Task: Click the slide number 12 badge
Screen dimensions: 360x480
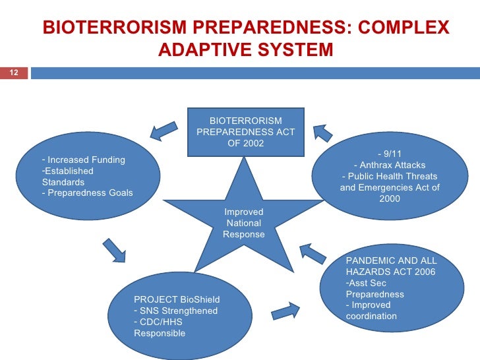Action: [13, 72]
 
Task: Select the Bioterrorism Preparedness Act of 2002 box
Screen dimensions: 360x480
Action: [245, 133]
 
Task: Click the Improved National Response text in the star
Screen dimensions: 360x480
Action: [244, 224]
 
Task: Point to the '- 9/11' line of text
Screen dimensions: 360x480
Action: [389, 154]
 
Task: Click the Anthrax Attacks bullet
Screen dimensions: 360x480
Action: [390, 165]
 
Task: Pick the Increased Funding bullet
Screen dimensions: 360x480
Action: [83, 160]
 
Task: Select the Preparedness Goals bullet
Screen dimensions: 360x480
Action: [87, 193]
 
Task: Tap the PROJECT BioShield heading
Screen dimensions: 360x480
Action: [177, 299]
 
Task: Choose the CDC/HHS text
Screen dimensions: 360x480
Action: [158, 322]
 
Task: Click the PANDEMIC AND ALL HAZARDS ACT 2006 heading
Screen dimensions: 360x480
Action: [391, 266]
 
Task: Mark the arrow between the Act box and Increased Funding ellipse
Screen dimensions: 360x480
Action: [163, 130]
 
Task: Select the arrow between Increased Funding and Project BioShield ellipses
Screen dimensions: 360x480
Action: [114, 249]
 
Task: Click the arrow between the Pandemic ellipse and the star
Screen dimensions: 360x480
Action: [313, 253]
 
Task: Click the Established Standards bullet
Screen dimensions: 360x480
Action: [67, 177]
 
